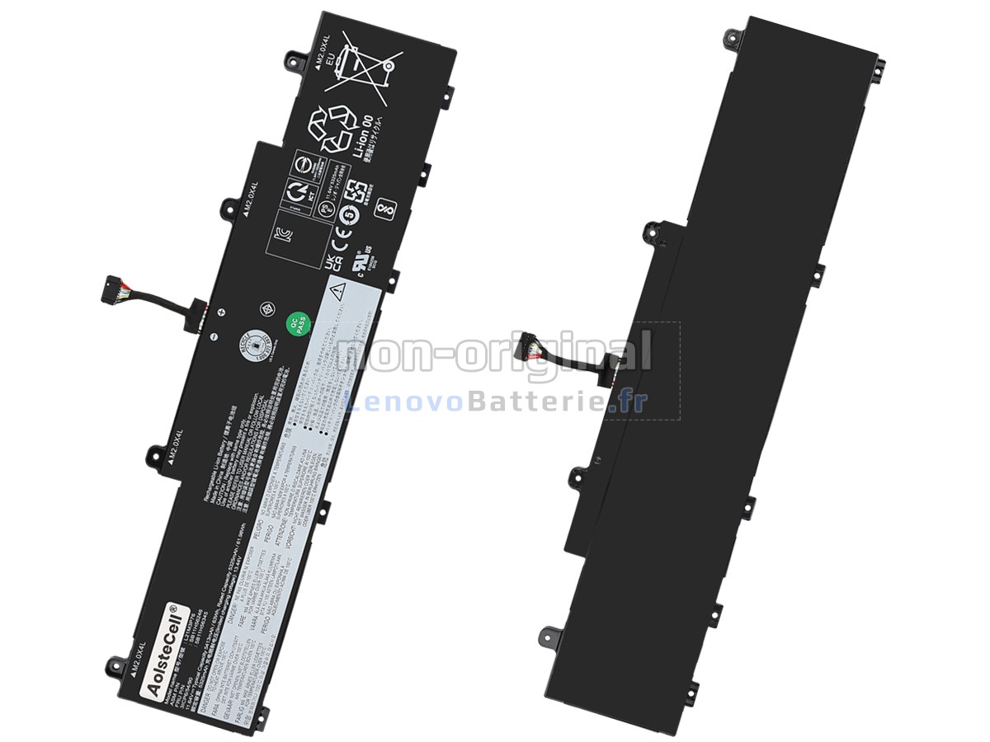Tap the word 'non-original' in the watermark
pos(493,354)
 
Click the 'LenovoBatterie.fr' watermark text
pos(496,402)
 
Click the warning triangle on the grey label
pos(337,290)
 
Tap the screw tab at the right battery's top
pos(729,35)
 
